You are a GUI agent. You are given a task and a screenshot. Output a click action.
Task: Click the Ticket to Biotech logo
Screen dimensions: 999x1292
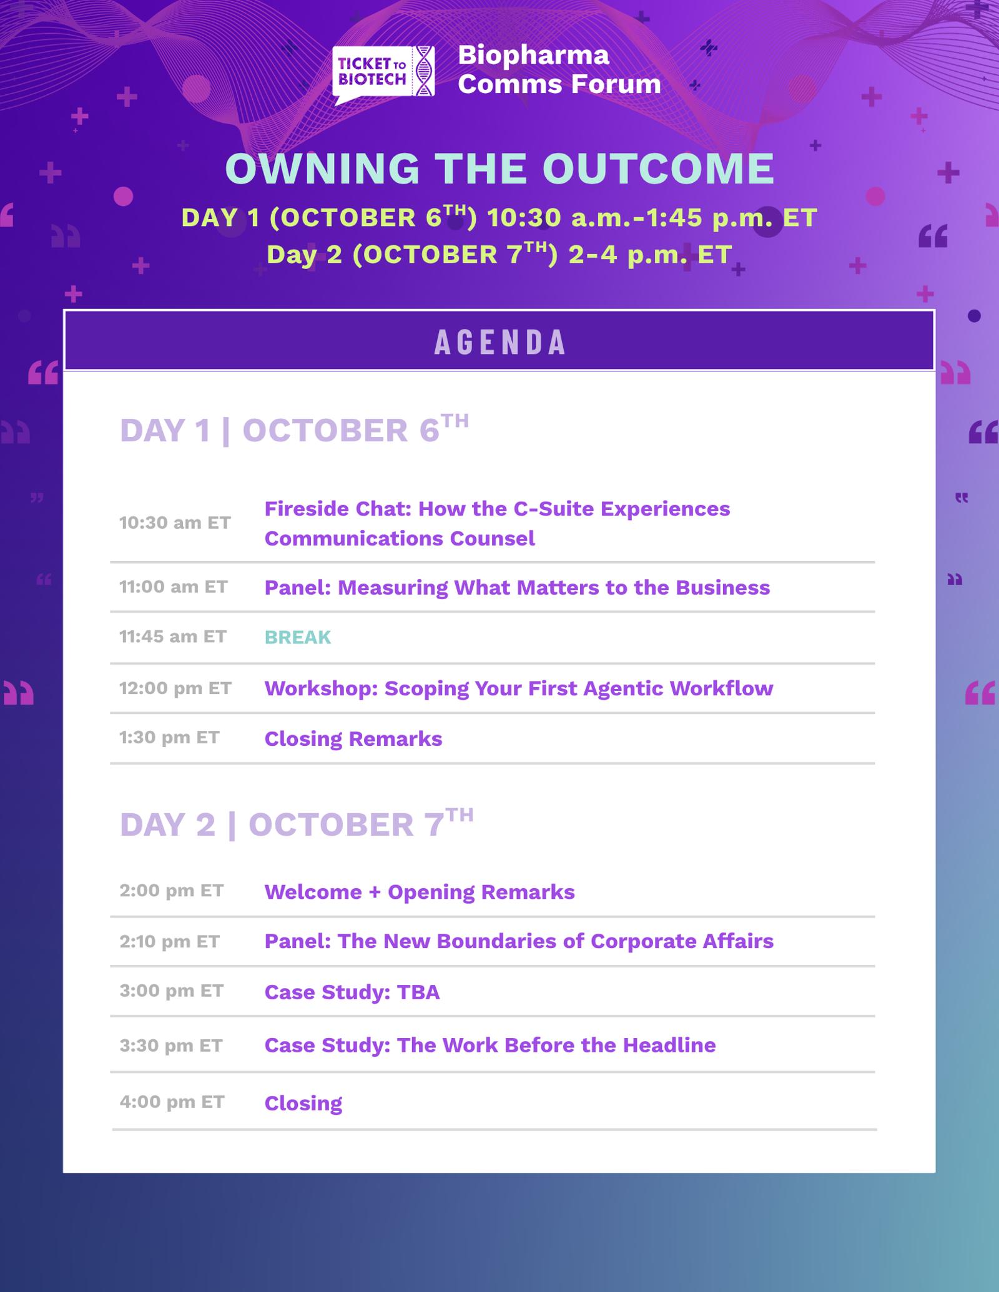click(x=383, y=74)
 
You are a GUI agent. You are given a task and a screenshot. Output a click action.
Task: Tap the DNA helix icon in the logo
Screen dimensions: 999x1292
click(x=425, y=71)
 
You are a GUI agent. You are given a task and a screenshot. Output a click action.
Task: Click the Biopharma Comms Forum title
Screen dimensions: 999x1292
click(x=559, y=69)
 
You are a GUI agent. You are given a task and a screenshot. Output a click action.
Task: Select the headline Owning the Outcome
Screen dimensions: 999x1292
click(x=499, y=169)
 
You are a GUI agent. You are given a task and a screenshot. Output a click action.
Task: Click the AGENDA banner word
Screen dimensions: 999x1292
click(x=500, y=342)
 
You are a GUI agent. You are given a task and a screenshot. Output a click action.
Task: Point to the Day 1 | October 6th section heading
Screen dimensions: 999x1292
click(x=294, y=429)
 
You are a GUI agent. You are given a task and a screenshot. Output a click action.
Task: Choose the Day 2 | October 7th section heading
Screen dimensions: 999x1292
click(x=297, y=823)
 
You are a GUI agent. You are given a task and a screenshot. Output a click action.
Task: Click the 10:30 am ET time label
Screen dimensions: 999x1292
click(x=175, y=522)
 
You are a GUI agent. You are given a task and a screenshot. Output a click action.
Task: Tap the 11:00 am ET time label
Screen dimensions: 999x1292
click(x=174, y=587)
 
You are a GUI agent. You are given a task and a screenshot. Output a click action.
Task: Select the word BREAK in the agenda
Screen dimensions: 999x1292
click(x=298, y=637)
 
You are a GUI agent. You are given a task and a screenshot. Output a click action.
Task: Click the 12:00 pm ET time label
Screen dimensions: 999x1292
click(x=175, y=688)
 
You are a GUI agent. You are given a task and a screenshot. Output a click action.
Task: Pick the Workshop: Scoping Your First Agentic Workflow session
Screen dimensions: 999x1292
click(x=519, y=688)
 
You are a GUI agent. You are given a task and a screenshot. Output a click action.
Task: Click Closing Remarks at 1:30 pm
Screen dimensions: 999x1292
click(x=353, y=739)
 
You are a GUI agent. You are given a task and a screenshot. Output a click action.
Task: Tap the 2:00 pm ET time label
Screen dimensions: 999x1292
click(x=172, y=891)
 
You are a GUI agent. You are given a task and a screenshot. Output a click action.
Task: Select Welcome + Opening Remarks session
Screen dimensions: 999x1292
click(x=420, y=893)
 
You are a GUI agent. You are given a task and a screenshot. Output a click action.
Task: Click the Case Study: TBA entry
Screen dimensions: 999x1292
click(x=352, y=992)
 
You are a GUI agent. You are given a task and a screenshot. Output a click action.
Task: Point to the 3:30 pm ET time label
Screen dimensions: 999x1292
click(x=171, y=1045)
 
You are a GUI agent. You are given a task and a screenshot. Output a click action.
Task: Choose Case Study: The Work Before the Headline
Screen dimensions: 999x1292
click(x=490, y=1045)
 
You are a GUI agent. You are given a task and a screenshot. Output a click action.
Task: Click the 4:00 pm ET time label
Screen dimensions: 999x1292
click(x=172, y=1102)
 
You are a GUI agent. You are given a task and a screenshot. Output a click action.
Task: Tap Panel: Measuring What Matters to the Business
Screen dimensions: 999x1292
click(x=518, y=588)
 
